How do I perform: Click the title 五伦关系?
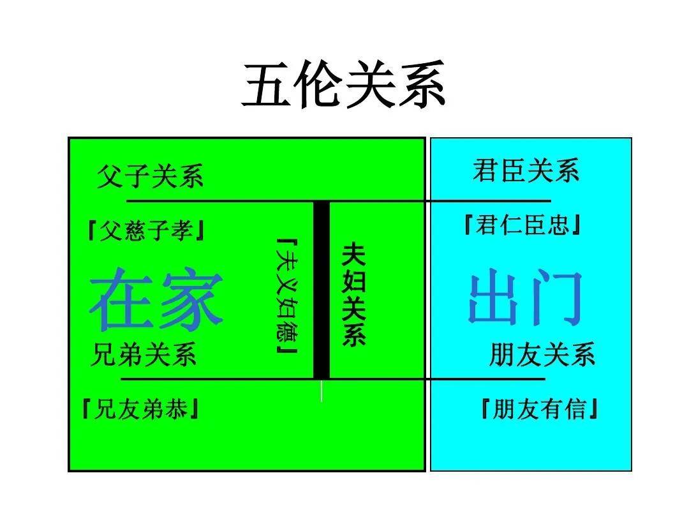pos(344,85)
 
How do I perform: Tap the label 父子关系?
pos(151,176)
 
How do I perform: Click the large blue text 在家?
pos(156,299)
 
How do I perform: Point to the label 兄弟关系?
pos(144,354)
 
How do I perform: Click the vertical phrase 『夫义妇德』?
pos(287,296)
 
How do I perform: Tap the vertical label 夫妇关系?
pos(353,294)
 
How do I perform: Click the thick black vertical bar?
pos(321,290)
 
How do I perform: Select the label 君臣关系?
pos(526,170)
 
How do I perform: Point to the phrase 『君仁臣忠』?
pos(522,225)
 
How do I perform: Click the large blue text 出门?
pos(526,297)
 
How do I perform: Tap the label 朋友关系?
pos(542,354)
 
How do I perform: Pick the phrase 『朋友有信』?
pos(540,408)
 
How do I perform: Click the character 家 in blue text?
pos(191,299)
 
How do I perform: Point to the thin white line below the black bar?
pos(322,391)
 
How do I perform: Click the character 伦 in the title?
pos(318,85)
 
